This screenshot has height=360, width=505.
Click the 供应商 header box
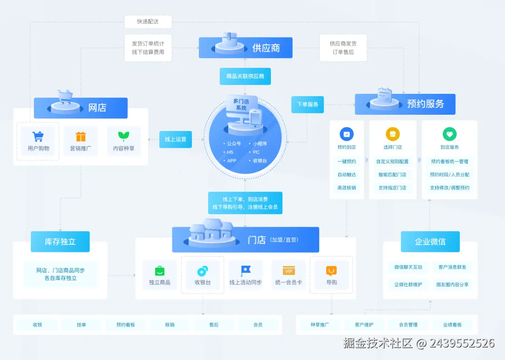(x=246, y=48)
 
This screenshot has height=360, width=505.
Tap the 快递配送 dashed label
(x=148, y=22)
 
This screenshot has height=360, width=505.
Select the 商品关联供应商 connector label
(x=245, y=76)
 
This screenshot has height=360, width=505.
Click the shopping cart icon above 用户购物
(x=38, y=137)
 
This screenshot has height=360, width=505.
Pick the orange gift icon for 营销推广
(x=81, y=137)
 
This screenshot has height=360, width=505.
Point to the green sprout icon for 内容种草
(x=124, y=136)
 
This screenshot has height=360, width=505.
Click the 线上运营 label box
(x=175, y=139)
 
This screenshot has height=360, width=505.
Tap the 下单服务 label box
(x=307, y=105)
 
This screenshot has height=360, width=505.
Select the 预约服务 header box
(x=405, y=104)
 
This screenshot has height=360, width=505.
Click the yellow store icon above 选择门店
(x=393, y=135)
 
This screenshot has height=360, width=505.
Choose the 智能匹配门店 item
(x=393, y=175)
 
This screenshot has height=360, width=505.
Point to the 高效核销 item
(x=347, y=188)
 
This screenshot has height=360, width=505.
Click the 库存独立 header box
(x=60, y=242)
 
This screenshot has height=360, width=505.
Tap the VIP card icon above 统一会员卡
(x=289, y=271)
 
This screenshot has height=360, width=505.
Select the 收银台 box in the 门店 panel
(x=203, y=275)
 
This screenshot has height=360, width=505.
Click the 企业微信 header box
(x=430, y=242)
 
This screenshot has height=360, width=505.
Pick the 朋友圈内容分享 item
(x=452, y=284)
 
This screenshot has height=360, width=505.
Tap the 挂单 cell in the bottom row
(x=81, y=325)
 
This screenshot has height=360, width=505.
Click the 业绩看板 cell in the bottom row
(x=452, y=325)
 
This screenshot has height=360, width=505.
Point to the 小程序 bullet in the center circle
(x=259, y=144)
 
